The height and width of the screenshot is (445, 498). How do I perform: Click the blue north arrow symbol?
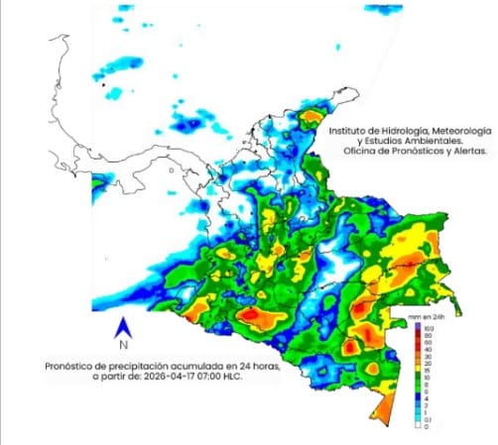122,326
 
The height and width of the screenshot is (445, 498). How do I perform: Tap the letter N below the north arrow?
122,346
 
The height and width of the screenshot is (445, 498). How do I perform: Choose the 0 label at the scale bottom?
430,426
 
